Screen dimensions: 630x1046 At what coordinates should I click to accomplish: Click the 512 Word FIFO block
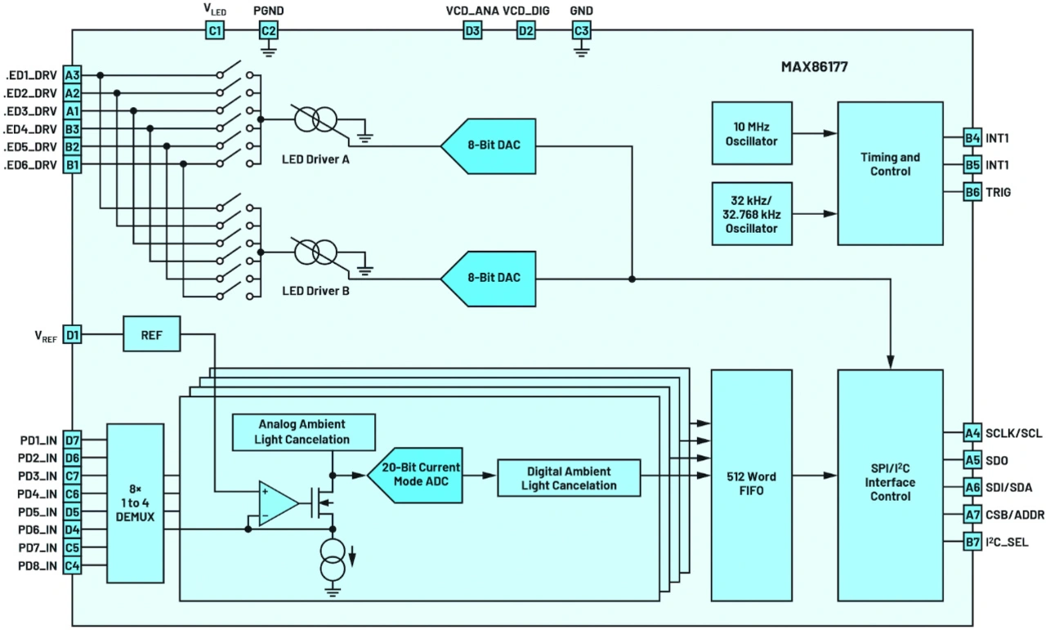751,484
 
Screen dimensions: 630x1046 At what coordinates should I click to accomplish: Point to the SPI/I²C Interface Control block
890,484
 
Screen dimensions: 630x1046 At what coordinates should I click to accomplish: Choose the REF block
151,333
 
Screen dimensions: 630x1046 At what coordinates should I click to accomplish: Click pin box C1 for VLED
214,31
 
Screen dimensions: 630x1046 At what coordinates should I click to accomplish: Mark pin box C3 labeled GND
581,31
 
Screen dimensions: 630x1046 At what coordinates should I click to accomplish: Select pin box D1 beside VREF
73,333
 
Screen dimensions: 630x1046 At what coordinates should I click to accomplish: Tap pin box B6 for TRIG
972,192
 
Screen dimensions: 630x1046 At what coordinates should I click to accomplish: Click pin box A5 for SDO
972,460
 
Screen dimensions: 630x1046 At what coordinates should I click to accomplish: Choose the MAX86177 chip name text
814,67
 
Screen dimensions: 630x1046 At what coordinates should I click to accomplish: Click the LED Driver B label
315,290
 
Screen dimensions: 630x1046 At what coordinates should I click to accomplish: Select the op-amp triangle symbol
277,500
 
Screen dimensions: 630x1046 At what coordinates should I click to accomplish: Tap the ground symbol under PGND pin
269,51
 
